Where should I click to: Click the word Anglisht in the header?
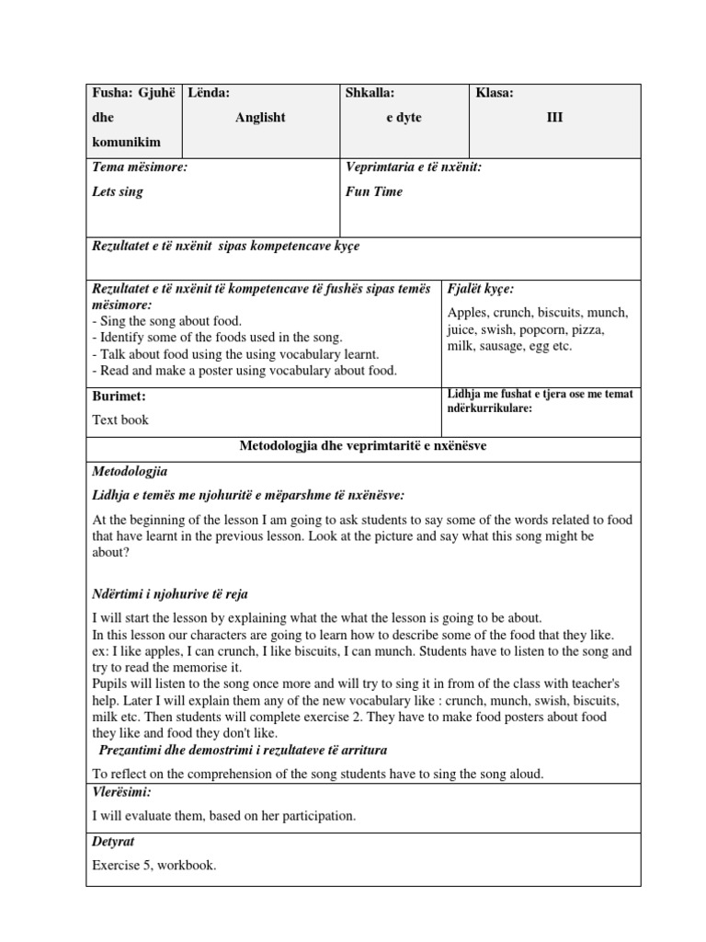pos(261,118)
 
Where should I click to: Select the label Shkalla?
pos(370,93)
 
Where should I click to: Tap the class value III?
pos(555,118)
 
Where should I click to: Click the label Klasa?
pos(495,93)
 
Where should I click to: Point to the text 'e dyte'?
pos(404,118)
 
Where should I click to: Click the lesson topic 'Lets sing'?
pos(118,192)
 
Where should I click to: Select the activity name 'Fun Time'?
pos(374,192)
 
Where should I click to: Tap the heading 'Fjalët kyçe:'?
pos(481,289)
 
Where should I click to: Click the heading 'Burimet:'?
pos(120,396)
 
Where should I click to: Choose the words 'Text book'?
pos(120,419)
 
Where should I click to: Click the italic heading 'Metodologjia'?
pos(130,471)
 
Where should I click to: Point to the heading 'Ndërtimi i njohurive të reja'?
pos(170,594)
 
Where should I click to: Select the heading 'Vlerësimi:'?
pos(122,792)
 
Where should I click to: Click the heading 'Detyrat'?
pos(113,842)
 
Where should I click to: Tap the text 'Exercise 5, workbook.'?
pos(154,865)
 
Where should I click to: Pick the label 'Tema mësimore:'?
pos(140,167)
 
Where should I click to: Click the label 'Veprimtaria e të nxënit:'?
pos(413,167)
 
